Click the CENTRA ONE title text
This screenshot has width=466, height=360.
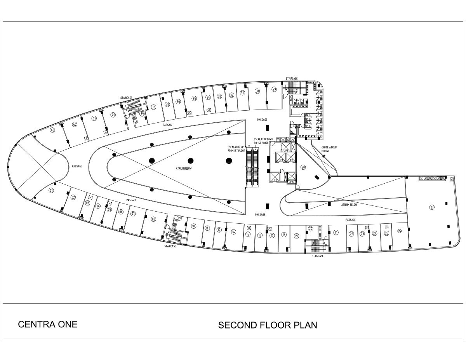click(x=48, y=324)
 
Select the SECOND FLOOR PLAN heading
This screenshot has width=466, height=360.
click(x=267, y=325)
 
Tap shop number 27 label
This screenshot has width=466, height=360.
click(x=431, y=207)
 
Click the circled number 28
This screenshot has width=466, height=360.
click(x=303, y=167)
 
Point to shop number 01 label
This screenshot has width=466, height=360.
click(x=51, y=191)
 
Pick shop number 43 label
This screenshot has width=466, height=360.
click(x=52, y=130)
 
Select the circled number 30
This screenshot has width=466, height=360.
click(x=257, y=91)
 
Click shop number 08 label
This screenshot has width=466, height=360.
click(x=153, y=219)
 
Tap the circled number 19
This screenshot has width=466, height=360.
click(x=296, y=235)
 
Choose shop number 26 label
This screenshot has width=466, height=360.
click(x=399, y=231)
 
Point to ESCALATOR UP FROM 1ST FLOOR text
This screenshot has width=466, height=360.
click(x=236, y=149)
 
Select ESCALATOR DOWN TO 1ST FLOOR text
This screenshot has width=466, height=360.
click(x=262, y=141)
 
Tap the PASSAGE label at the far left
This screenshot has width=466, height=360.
click(x=77, y=166)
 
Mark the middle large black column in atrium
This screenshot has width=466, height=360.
click(x=190, y=160)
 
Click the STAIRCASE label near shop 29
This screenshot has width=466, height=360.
click(x=291, y=78)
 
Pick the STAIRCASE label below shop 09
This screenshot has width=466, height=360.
click(x=170, y=246)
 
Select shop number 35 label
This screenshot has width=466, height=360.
click(x=194, y=99)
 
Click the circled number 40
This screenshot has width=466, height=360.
click(x=113, y=115)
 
